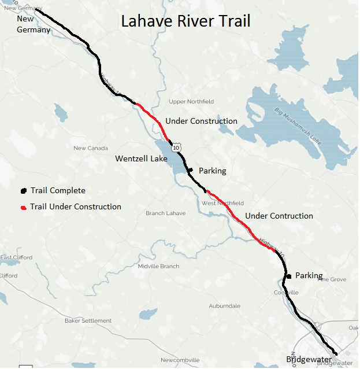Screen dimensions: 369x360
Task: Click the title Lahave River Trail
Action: tap(185, 22)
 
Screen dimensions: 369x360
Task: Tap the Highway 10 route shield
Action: tap(176, 148)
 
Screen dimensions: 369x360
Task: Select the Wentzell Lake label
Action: tap(141, 158)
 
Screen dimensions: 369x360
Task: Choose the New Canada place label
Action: tap(91, 148)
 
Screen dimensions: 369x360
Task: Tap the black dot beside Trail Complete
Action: tap(24, 191)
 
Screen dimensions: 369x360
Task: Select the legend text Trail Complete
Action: tap(58, 191)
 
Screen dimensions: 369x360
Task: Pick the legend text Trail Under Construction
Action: tap(76, 207)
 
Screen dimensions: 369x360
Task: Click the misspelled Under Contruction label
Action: tap(279, 216)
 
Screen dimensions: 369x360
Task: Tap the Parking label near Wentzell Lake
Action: tap(212, 171)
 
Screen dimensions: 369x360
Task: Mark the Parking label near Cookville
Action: tap(309, 276)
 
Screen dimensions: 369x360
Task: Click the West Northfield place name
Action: tap(222, 203)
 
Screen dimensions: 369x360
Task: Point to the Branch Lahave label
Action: tap(165, 213)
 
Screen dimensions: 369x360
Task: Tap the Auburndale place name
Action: tap(224, 305)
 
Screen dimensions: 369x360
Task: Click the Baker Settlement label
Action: tap(88, 320)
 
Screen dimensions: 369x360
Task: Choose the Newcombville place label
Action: tap(180, 360)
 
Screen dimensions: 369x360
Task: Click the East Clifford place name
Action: tap(16, 257)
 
